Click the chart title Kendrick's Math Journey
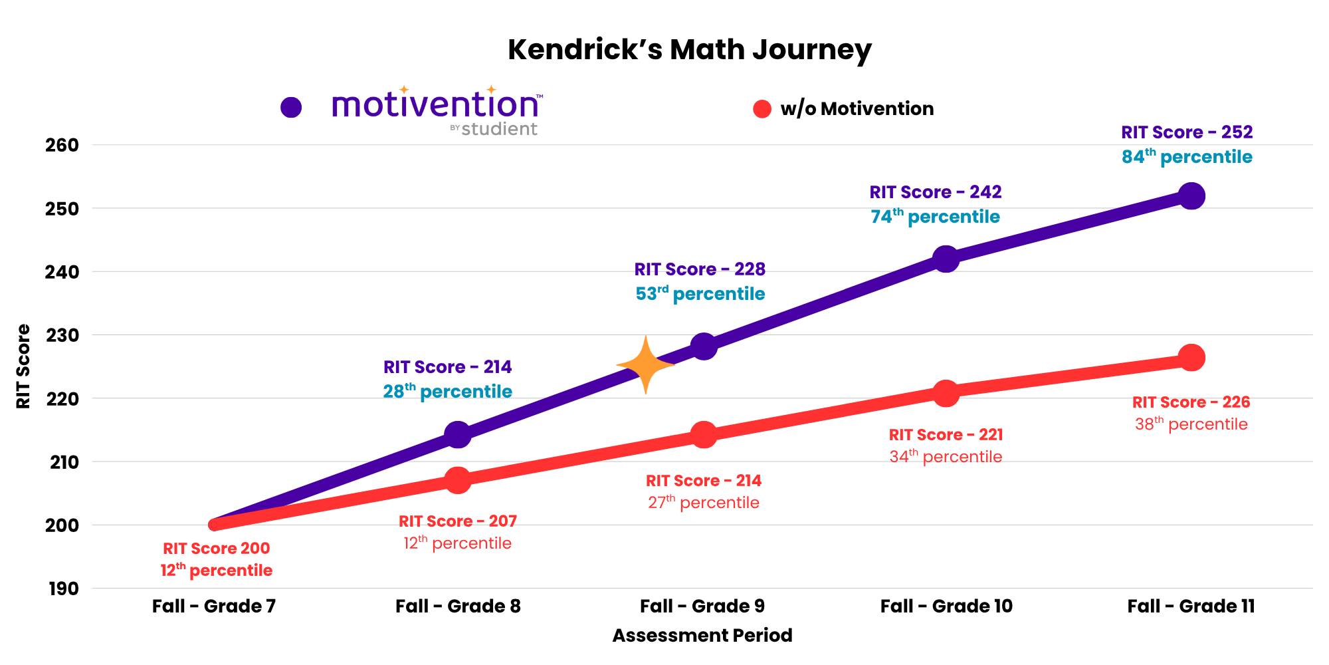(689, 50)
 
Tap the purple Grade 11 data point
(1191, 196)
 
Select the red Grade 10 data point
(946, 393)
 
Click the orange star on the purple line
(645, 365)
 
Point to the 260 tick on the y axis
(62, 145)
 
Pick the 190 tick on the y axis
(63, 589)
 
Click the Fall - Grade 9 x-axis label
(702, 606)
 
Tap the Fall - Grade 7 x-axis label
(213, 606)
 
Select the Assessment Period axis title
(702, 636)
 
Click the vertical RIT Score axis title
(23, 366)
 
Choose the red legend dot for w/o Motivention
(762, 109)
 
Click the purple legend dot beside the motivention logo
(291, 107)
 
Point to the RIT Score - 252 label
(1187, 132)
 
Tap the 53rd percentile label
(700, 294)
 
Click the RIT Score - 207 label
(458, 521)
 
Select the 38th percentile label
(1191, 424)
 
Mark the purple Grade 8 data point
(458, 434)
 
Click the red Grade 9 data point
(704, 435)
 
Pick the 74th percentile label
(935, 217)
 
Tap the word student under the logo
(499, 129)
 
